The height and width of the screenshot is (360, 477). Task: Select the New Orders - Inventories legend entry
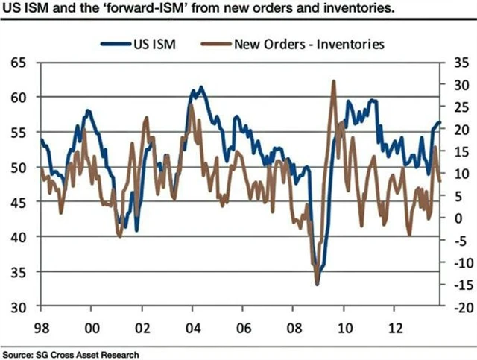tap(308, 43)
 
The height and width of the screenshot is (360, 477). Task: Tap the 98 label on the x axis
tap(41, 326)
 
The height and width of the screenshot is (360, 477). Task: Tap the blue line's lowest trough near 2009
tap(317, 285)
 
